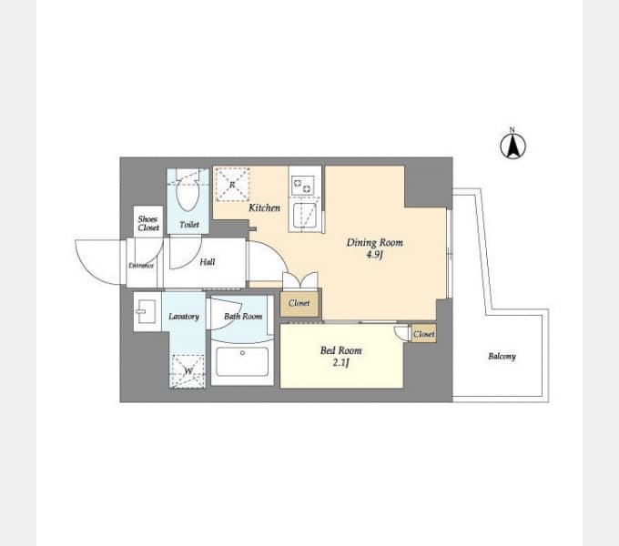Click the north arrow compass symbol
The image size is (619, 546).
coord(512,145)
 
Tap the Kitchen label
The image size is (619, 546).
coord(264,207)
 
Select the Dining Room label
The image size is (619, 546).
coord(375,242)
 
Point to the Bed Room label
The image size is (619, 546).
coord(340,350)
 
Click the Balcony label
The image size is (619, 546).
coord(502,356)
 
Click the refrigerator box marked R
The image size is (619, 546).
coord(232,184)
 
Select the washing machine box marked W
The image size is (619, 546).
coord(188,371)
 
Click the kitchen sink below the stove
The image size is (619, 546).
coord(304,216)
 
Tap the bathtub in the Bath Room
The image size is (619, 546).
coord(242,362)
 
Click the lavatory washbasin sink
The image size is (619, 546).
coord(146,311)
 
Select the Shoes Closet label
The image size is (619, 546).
coord(148,223)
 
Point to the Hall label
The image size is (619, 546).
coord(208,261)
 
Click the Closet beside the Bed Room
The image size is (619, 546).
coord(423,334)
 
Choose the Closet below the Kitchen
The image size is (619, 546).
coord(299,303)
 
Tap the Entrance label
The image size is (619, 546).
coord(141,266)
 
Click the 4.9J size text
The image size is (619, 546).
coord(374,255)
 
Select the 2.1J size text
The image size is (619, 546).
coord(340,362)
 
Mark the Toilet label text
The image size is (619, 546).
coord(189,225)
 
